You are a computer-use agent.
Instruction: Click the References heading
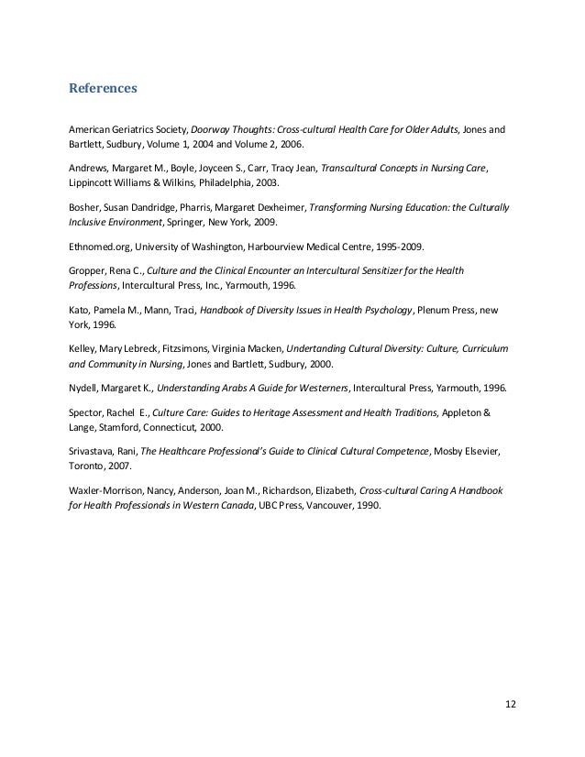103,90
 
